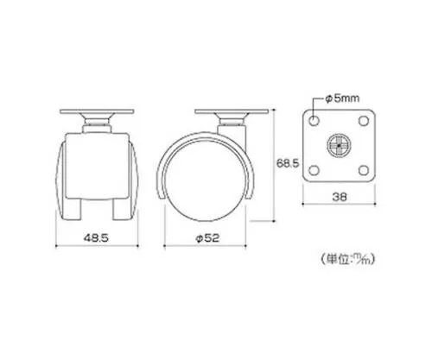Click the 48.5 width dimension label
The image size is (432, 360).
96,238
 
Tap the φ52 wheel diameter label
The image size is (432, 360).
207,238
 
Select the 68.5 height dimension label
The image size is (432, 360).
288,163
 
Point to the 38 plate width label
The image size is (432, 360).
340,197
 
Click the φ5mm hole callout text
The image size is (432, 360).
342,98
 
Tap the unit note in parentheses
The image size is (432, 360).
347,258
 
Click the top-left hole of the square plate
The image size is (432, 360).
314,121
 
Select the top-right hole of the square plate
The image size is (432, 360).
364,121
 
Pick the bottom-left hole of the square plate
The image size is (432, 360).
314,170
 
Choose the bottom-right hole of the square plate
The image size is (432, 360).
364,170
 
